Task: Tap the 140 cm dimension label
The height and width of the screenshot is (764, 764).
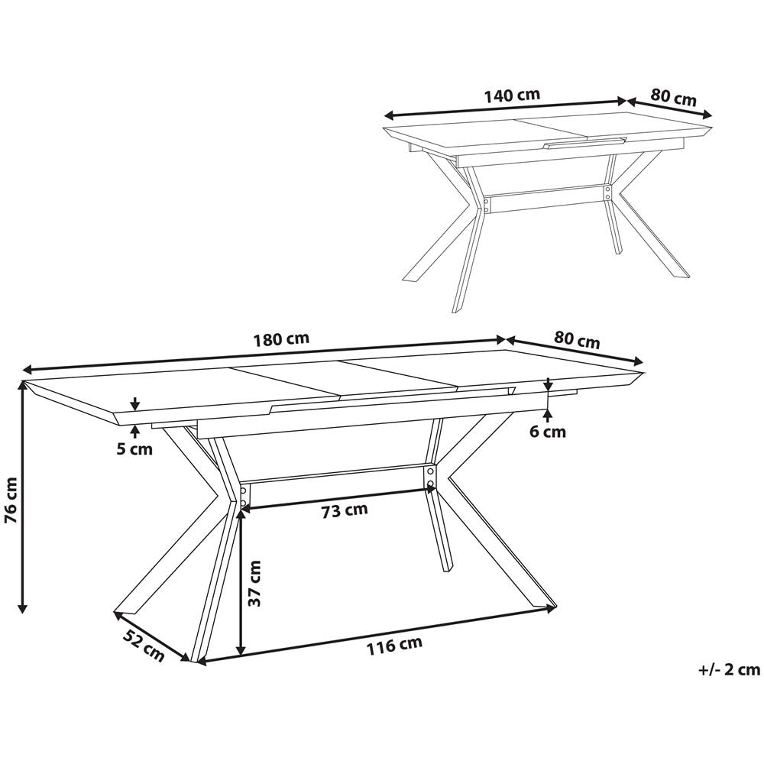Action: point(512,94)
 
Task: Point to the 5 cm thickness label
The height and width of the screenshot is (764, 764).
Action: point(134,448)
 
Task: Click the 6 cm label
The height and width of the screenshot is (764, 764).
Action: point(548,431)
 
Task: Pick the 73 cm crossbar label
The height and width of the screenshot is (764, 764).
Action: point(345,510)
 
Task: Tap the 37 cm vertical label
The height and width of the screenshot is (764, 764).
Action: point(254,583)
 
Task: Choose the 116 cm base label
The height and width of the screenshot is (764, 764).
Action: point(394,645)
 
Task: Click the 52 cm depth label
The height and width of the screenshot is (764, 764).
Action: point(144,645)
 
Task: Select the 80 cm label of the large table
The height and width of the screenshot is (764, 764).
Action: point(577,339)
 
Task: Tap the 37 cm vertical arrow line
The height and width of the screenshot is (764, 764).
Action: point(241,582)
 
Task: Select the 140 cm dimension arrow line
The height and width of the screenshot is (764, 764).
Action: point(505,108)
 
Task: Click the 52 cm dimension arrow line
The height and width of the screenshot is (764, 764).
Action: point(152,636)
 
